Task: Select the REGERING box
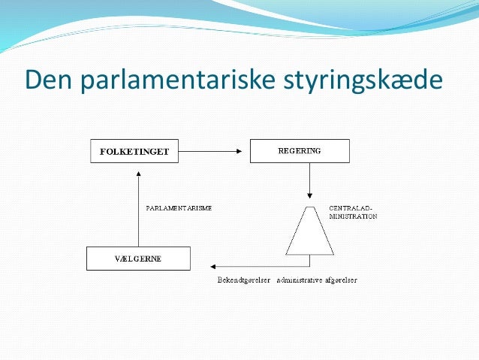[299, 151]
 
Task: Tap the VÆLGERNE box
[138, 259]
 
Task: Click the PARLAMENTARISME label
[177, 207]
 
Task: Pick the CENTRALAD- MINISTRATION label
[352, 211]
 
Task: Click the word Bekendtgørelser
[239, 280]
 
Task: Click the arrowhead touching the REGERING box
[245, 152]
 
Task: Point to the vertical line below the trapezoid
[309, 260]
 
